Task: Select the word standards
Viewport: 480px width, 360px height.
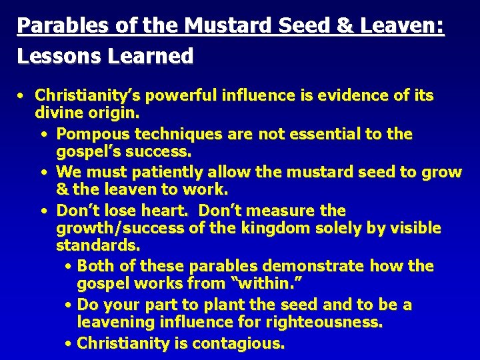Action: tap(97, 246)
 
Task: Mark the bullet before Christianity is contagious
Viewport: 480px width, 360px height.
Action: tap(69, 344)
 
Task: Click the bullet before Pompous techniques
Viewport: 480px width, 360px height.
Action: tap(43, 134)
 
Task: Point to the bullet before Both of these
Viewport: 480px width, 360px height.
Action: tap(69, 267)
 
